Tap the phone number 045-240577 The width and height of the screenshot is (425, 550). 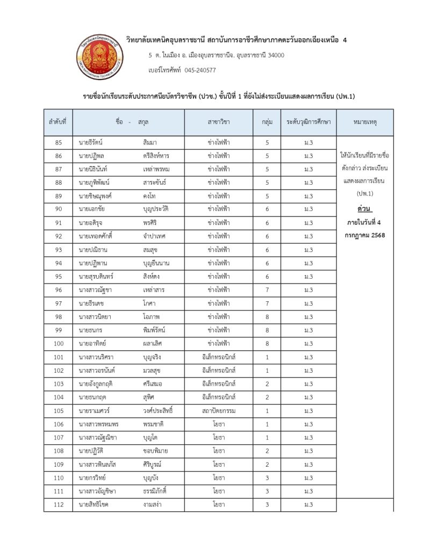[x=200, y=70]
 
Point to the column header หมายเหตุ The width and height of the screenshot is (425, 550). [x=365, y=122]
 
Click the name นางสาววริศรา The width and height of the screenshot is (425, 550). [x=97, y=357]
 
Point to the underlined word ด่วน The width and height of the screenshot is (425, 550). [x=365, y=208]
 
